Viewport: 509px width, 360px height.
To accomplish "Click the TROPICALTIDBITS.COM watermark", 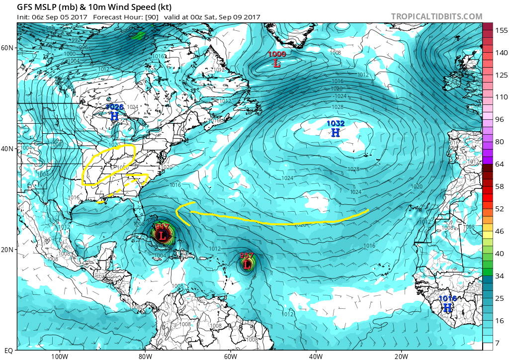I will (x=436, y=16).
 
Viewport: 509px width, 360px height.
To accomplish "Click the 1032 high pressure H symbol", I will (x=336, y=133).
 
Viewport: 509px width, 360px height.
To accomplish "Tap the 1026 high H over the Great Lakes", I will (x=114, y=116).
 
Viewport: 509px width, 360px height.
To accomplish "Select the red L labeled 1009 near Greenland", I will (x=277, y=64).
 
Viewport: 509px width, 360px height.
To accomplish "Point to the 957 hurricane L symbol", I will (x=247, y=265).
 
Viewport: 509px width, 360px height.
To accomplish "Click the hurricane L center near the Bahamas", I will (x=162, y=236).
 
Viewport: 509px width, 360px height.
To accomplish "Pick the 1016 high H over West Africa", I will (x=447, y=308).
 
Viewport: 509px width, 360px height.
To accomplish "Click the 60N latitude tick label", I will (x=7, y=48).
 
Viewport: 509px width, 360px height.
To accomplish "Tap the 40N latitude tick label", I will (x=7, y=149).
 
